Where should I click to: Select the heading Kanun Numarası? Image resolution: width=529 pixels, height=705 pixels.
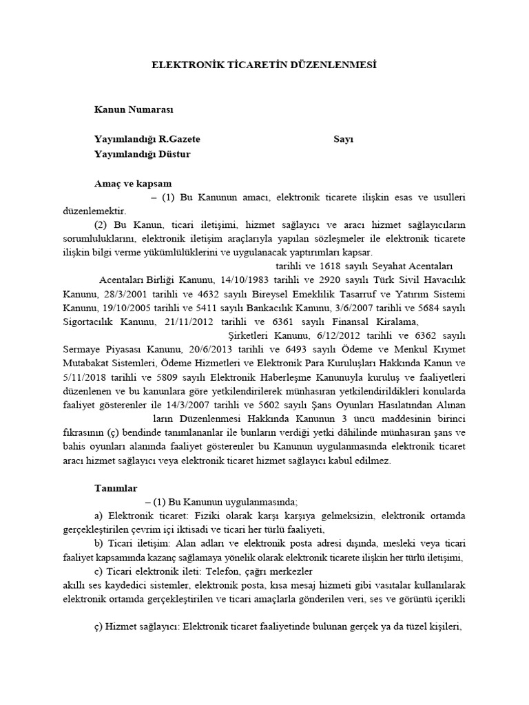[134, 109]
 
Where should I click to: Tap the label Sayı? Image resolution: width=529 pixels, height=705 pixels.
[343, 139]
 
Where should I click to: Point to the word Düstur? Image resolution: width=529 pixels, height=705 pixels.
[175, 154]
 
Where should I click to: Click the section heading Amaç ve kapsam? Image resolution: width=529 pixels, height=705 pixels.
[133, 184]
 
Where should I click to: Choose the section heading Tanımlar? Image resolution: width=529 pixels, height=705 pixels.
[116, 487]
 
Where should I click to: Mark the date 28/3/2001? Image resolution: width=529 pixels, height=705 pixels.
[121, 294]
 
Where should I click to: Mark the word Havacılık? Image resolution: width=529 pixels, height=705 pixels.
[440, 280]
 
